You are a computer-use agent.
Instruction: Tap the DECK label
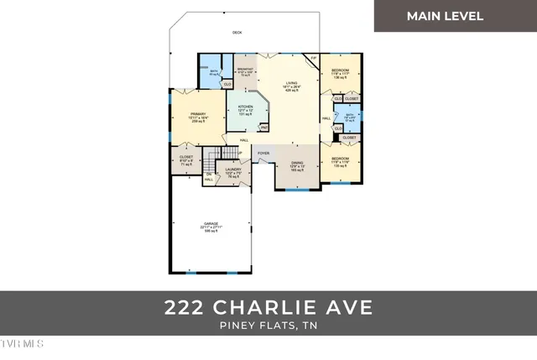pos(237,33)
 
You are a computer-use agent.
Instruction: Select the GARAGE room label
pos(211,223)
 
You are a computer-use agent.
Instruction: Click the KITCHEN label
pos(245,107)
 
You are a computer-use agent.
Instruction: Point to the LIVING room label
pos(291,83)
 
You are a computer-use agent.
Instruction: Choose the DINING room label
pos(297,163)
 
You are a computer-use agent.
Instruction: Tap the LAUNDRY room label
pos(234,170)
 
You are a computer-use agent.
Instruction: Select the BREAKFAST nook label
pos(245,68)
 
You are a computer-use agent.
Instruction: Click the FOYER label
pos(263,154)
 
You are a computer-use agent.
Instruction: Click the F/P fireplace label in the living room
pos(314,58)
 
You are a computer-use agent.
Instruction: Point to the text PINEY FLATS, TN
pos(268,325)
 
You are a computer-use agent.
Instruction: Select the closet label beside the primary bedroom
pos(186,157)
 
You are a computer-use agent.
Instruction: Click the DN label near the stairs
pos(208,174)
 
